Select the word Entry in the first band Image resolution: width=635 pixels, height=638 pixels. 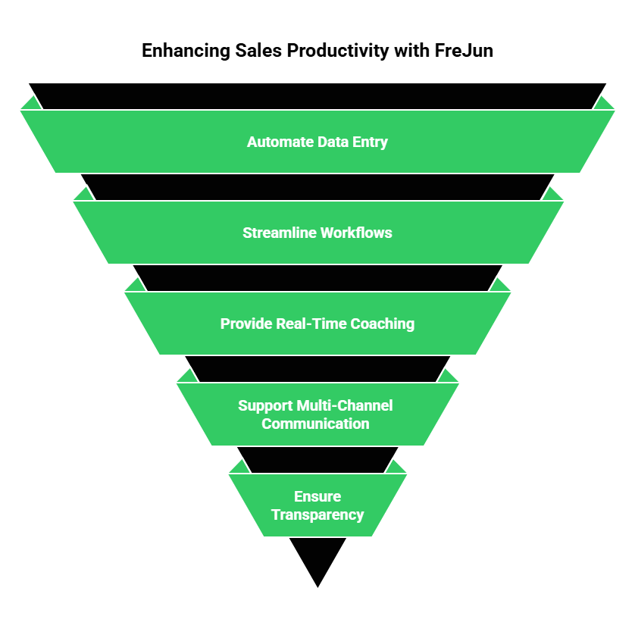[x=370, y=142]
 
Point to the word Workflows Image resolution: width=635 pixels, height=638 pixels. [x=355, y=233]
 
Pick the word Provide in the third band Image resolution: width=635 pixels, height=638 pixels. [x=246, y=324]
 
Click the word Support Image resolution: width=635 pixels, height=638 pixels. [x=264, y=405]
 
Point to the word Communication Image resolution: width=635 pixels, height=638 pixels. [x=316, y=424]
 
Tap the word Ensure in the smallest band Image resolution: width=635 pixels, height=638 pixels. [x=317, y=496]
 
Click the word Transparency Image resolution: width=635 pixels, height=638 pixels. [x=317, y=514]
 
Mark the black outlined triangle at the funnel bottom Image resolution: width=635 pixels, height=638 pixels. [x=317, y=557]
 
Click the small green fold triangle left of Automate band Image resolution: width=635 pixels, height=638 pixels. [x=30, y=104]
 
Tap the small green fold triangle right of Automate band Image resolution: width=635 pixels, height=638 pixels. [x=605, y=104]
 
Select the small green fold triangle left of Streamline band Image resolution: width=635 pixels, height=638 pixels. [x=83, y=195]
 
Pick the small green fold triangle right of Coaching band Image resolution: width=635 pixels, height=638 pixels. [x=501, y=286]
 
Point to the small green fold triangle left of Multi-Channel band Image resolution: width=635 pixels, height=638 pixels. [x=186, y=377]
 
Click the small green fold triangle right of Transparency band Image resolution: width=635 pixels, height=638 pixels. [x=397, y=468]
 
